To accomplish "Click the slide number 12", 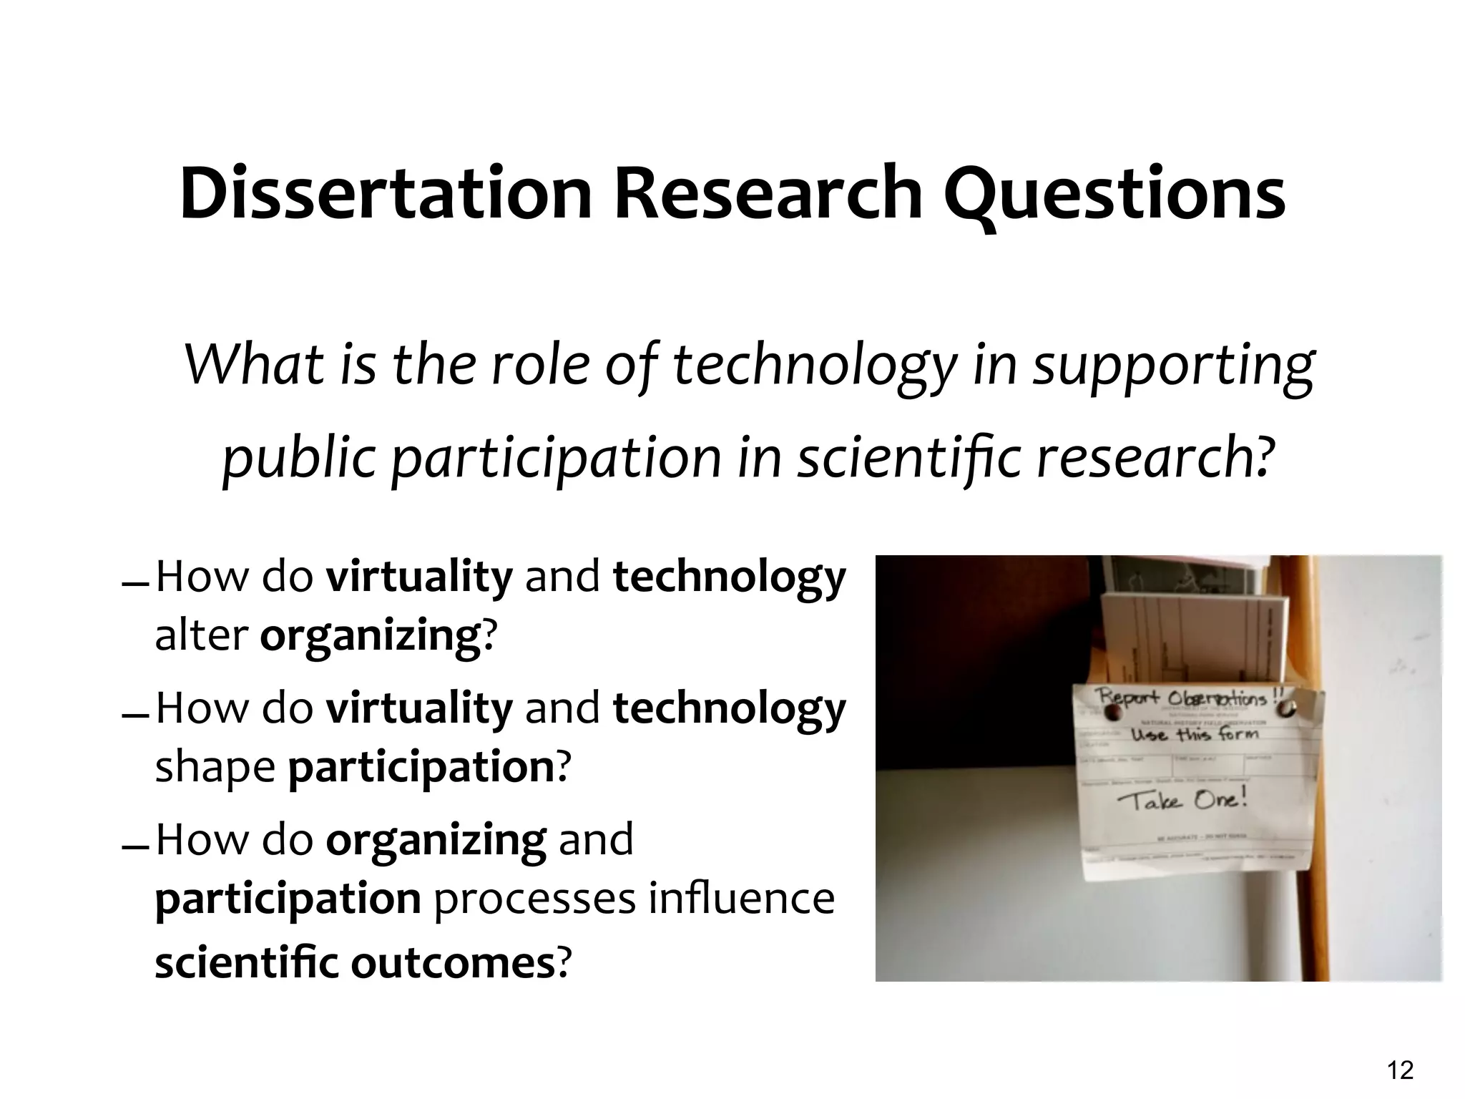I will coord(1400,1070).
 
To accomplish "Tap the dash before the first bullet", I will coord(135,585).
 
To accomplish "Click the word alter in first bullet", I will coord(201,635).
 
